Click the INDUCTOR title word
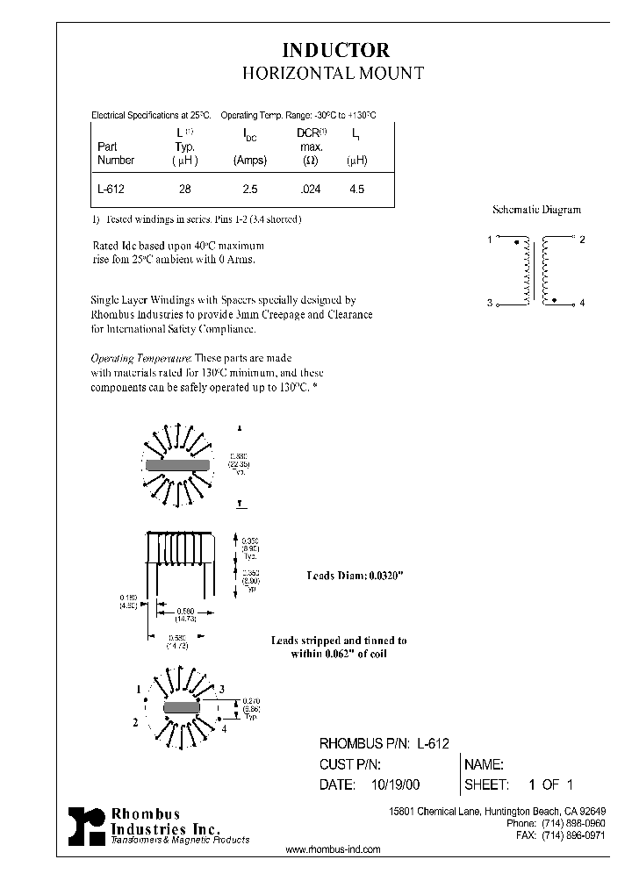(335, 51)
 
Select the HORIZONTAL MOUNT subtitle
(334, 74)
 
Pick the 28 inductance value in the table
(184, 189)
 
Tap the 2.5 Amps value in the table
(250, 189)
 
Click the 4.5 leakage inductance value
(356, 189)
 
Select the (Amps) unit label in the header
(250, 161)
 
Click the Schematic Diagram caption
(536, 211)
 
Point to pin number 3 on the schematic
(489, 303)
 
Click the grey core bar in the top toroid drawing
(178, 465)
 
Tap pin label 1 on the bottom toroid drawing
(139, 690)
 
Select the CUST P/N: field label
(351, 764)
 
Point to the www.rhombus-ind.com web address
(334, 850)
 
